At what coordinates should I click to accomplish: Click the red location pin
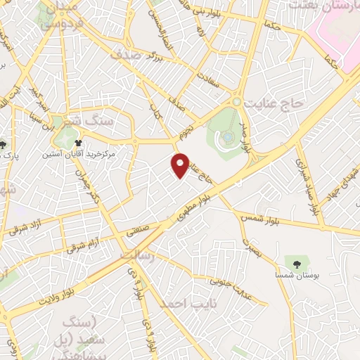[181, 165]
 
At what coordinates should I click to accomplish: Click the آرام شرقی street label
[84, 244]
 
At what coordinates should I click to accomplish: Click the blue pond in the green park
[228, 136]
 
